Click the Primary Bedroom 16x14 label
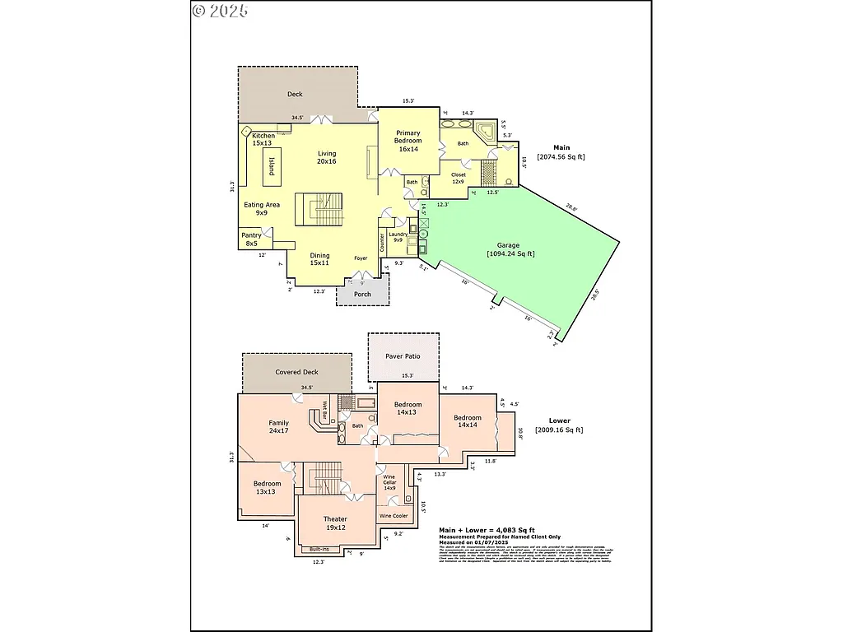[408, 141]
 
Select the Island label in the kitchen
[271, 167]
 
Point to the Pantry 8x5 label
[251, 239]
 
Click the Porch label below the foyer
[362, 294]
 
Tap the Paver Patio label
[403, 356]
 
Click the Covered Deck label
[296, 372]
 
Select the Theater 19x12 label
[335, 523]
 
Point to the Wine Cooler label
[394, 516]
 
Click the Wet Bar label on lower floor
[325, 410]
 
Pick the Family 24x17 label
[278, 426]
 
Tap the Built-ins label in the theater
[319, 549]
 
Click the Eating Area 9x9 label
[262, 208]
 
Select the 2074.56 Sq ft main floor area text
[561, 156]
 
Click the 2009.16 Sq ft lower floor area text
[559, 430]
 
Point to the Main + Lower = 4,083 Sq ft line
[487, 530]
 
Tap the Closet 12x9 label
[459, 178]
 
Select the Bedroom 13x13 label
[268, 488]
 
